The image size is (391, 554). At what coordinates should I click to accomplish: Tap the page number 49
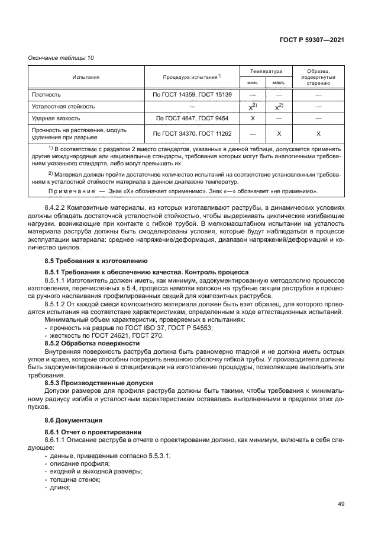[341, 504]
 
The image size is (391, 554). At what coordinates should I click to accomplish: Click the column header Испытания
[86, 77]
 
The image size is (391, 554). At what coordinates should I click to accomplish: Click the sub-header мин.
[253, 83]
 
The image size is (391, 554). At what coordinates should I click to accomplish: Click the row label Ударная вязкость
[57, 119]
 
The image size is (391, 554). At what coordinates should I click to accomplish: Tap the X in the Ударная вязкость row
[253, 119]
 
